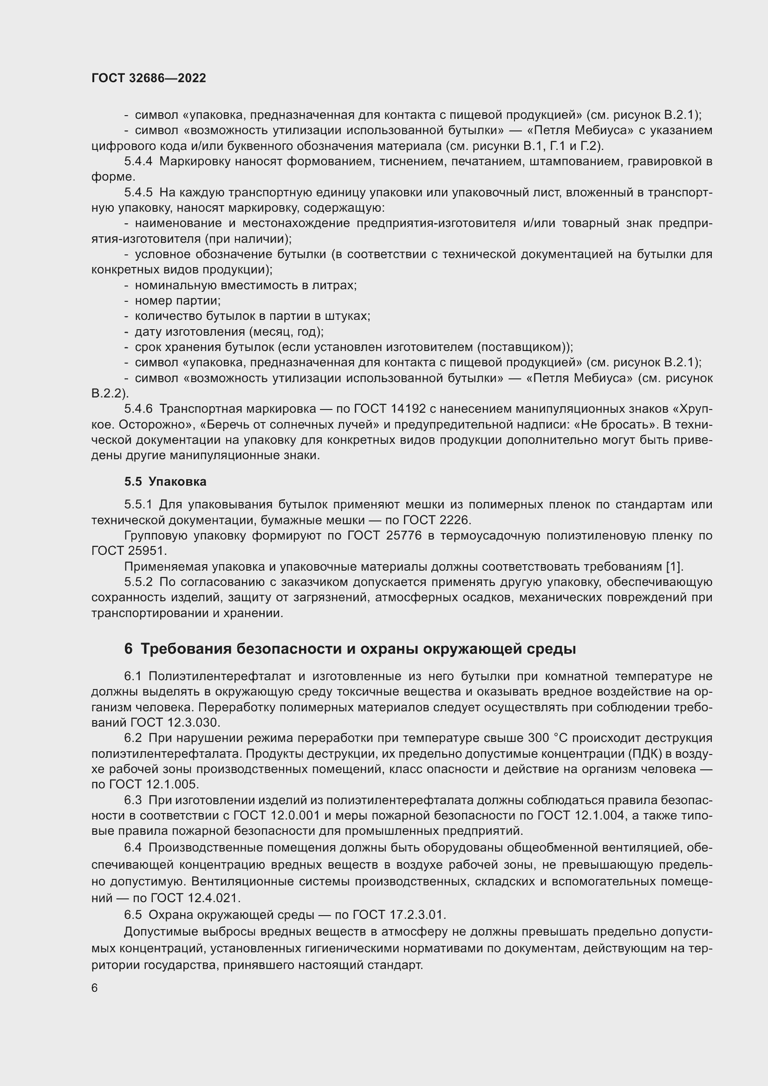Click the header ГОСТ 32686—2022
click(x=149, y=78)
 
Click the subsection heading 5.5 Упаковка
click(x=165, y=481)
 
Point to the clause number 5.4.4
click(x=138, y=161)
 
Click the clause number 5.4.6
click(x=138, y=409)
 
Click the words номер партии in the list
click(x=177, y=301)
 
